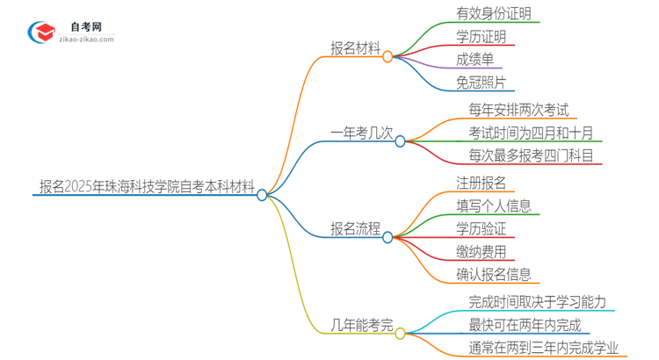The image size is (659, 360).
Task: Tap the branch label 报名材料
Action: (355, 50)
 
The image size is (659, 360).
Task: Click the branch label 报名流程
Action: (355, 230)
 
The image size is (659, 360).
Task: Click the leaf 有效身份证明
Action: (493, 14)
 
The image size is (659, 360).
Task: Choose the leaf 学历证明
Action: (481, 37)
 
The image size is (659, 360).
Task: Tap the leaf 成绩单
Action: (474, 60)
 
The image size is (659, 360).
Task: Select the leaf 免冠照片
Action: (481, 83)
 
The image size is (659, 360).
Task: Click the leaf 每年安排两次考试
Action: (518, 111)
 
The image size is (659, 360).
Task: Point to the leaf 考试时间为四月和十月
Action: (530, 133)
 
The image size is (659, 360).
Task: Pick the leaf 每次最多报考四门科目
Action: (530, 156)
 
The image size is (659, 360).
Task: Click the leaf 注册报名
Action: (481, 183)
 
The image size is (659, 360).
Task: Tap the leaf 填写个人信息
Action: (493, 205)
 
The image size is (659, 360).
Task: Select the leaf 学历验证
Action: (481, 228)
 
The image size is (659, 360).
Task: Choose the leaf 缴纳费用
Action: (481, 252)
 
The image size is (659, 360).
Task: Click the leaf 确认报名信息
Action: (493, 275)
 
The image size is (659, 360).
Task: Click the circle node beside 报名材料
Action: (387, 56)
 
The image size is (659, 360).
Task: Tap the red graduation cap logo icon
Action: (42, 33)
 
